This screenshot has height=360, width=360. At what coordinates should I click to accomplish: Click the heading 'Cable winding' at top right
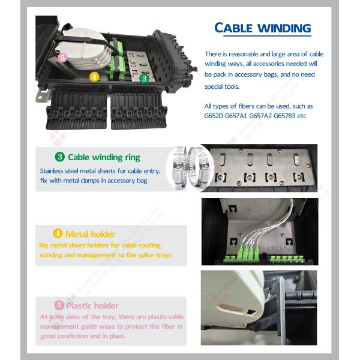tap(263, 28)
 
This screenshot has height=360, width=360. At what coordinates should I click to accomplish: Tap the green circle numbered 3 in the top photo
tap(143, 78)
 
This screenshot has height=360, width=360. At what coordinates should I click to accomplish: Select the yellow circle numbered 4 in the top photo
tap(94, 77)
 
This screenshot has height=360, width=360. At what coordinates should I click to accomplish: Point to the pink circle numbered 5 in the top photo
tap(62, 58)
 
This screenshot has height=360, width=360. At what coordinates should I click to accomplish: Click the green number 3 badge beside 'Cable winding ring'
tap(60, 157)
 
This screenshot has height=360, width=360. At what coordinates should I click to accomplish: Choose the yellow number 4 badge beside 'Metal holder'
tap(58, 233)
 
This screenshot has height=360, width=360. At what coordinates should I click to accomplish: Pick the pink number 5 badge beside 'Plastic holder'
tap(59, 305)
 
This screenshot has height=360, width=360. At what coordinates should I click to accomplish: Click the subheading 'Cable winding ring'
tap(104, 157)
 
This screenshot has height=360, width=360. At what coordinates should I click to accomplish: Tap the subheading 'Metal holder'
tap(90, 233)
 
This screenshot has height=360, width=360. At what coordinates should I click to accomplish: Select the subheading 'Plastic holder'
tap(93, 305)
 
